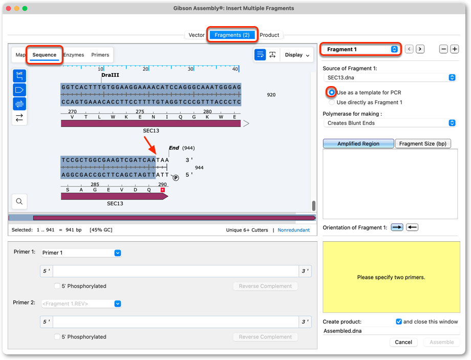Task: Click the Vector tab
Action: (x=197, y=35)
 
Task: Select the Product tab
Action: (x=269, y=35)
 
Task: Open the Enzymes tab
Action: (x=74, y=55)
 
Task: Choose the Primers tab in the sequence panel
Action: (x=100, y=55)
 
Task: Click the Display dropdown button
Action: (x=297, y=55)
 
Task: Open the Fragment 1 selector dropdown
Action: (x=360, y=49)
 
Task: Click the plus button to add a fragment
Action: (x=455, y=49)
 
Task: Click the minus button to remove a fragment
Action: (x=443, y=49)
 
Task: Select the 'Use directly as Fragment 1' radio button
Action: (x=332, y=102)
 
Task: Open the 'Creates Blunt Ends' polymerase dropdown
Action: (x=390, y=123)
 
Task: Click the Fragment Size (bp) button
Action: (x=423, y=143)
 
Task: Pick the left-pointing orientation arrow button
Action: (x=412, y=227)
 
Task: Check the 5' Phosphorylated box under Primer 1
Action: (x=57, y=286)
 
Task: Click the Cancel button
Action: (x=403, y=342)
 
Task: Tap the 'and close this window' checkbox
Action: (x=399, y=322)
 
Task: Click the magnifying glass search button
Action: (x=19, y=201)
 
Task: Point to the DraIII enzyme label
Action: (x=110, y=75)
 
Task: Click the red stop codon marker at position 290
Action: (x=162, y=190)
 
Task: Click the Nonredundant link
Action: (x=293, y=230)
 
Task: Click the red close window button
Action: (x=8, y=8)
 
